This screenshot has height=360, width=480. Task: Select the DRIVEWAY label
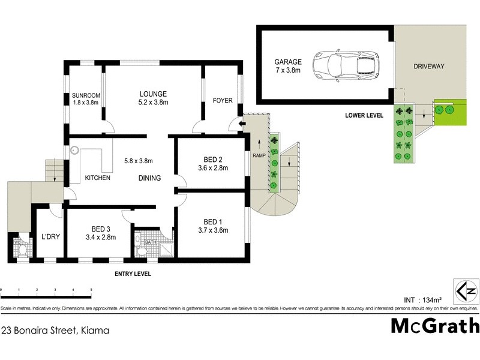429,67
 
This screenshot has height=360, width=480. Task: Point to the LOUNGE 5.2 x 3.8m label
153,98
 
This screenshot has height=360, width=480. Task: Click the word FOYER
222,100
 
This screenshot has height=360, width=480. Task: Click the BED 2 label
213,164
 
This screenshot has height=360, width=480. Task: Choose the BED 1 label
213,224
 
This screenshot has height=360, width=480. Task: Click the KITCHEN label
97,178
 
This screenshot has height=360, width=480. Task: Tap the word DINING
149,178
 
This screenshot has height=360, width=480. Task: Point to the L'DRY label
49,236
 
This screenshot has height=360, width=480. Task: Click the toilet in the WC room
22,246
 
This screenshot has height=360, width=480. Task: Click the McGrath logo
435,326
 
